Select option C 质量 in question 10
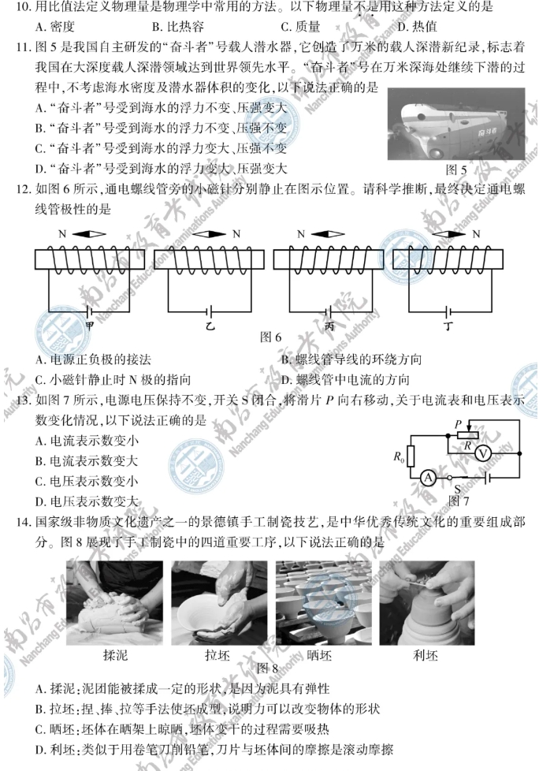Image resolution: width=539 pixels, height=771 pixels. (x=309, y=24)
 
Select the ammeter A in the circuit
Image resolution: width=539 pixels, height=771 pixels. (x=428, y=477)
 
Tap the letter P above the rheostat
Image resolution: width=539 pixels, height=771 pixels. (x=458, y=423)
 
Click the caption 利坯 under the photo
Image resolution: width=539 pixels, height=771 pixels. (x=425, y=655)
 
